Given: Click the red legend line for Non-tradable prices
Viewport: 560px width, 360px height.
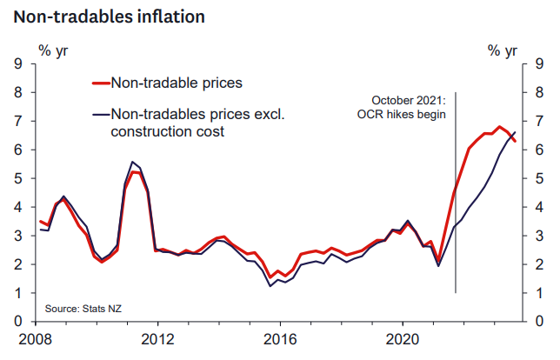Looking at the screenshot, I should point(99,83).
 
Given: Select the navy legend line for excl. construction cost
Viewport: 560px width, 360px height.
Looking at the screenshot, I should point(99,113).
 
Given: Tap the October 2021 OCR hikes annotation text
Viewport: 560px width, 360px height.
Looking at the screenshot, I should point(408,108).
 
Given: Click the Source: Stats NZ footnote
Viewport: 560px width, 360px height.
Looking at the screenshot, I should point(83,310).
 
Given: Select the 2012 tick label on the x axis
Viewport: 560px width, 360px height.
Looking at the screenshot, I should point(156,337).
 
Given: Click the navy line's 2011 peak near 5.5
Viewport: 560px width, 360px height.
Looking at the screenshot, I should point(131,162).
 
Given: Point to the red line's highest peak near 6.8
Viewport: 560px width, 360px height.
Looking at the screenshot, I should point(499,127).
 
